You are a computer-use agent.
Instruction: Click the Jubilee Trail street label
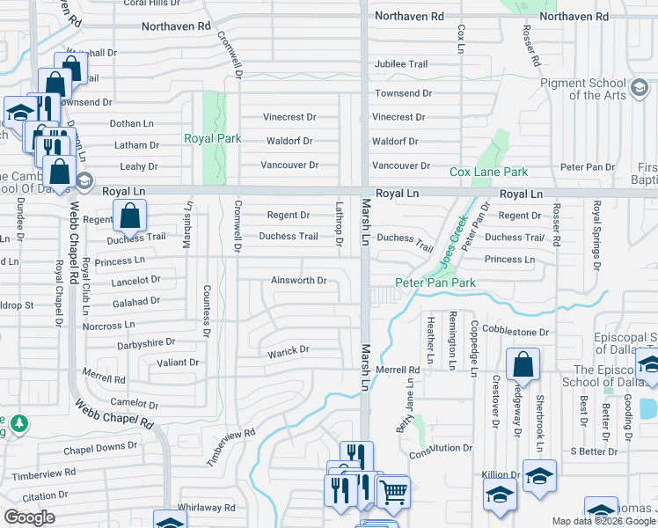click(400, 64)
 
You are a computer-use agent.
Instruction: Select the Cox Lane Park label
click(489, 172)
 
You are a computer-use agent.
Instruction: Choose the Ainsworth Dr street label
click(298, 282)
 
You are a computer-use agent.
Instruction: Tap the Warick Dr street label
click(289, 349)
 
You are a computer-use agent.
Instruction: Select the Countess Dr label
click(207, 312)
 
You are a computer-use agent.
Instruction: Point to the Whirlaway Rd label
click(206, 508)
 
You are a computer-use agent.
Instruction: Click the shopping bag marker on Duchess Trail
click(129, 215)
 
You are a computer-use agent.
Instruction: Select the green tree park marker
click(17, 424)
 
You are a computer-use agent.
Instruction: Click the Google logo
click(29, 517)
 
